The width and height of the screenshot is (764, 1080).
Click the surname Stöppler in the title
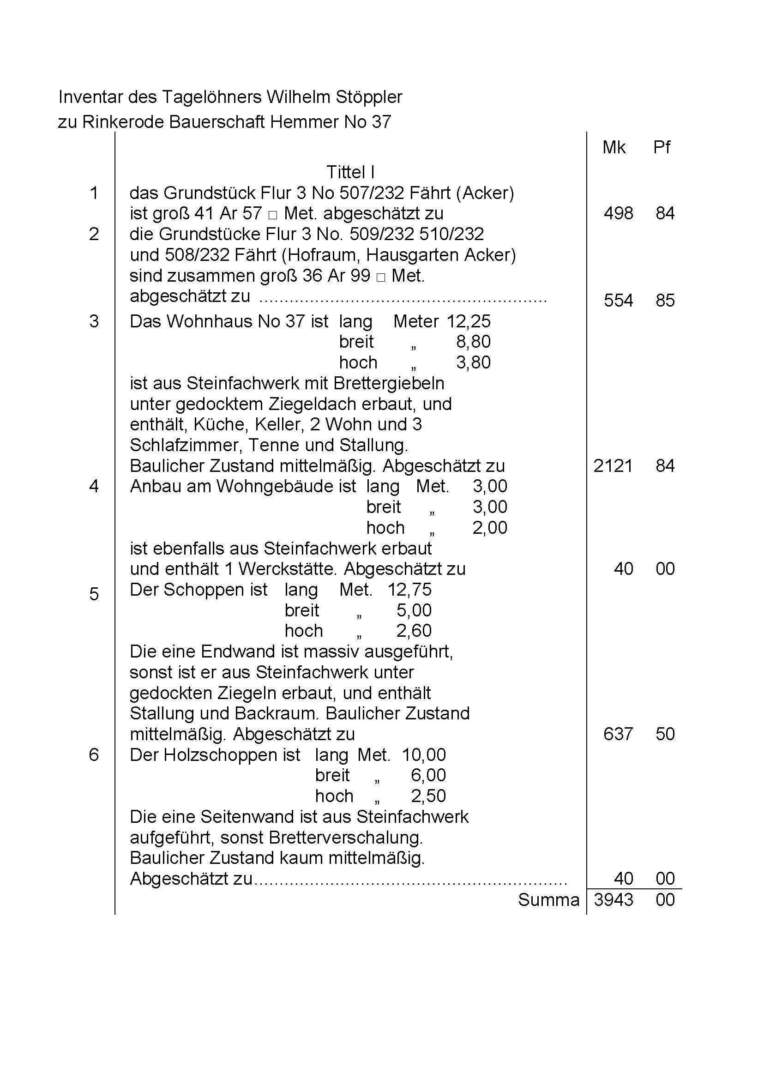(369, 97)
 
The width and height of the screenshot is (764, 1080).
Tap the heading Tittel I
(350, 172)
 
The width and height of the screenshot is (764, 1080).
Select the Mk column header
(614, 148)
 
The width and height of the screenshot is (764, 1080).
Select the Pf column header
(662, 148)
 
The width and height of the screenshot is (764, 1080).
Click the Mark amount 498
(618, 214)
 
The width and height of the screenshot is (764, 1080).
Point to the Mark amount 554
(618, 301)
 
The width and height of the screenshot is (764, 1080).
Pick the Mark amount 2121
(613, 466)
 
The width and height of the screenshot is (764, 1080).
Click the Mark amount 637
(618, 734)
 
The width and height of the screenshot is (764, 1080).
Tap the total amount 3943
(613, 900)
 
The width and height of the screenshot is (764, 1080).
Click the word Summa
(548, 900)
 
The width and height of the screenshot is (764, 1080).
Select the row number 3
(94, 321)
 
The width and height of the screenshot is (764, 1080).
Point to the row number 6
(94, 755)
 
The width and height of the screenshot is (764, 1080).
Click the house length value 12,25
(468, 321)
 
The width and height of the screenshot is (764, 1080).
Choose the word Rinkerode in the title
(123, 122)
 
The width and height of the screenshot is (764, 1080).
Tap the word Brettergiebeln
(389, 384)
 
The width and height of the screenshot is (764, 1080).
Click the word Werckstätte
(287, 569)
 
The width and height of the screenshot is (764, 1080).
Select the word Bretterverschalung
(345, 838)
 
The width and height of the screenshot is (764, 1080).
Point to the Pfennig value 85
(665, 301)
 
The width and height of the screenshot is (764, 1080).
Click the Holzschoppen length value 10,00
(423, 755)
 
